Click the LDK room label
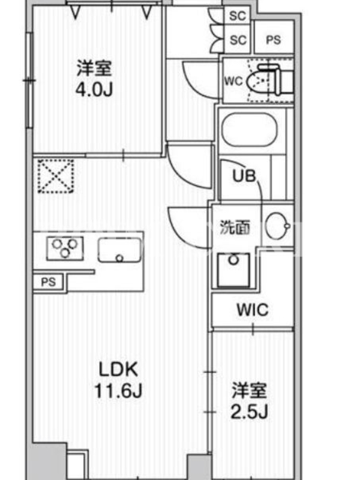coord(118,370)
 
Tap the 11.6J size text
coord(118,391)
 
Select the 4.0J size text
coord(94,89)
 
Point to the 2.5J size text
coord(249,412)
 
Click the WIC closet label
coord(253,310)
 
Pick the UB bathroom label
coord(244,176)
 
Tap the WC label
coord(233,81)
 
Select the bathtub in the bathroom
coord(250,130)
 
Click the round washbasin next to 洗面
coord(277,226)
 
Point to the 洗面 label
coord(235,228)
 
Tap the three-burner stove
coord(65,248)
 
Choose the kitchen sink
coord(119,250)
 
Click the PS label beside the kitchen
coord(49,281)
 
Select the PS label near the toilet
coord(274,40)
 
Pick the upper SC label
coord(238,16)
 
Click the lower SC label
coord(238,40)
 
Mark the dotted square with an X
coord(56,176)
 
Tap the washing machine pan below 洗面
coord(233,269)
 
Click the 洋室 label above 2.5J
coord(249,391)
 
